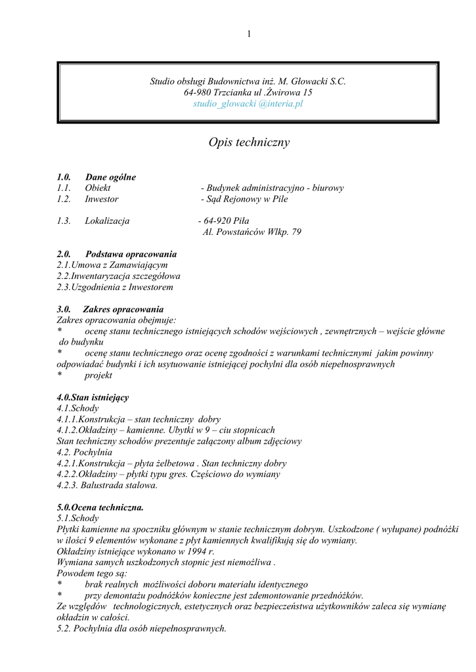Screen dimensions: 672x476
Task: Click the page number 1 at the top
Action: coord(249,34)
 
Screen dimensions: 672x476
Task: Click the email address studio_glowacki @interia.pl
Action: coord(248,104)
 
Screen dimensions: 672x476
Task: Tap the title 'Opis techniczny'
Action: coord(249,142)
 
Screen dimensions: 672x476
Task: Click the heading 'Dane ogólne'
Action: coord(110,177)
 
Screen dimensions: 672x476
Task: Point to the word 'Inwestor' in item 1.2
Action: coord(102,199)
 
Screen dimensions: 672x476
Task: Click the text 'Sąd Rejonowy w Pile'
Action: coord(246,199)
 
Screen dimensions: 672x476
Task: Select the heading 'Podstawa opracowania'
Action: coord(131,253)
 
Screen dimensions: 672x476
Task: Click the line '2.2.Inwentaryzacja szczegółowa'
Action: coord(119,276)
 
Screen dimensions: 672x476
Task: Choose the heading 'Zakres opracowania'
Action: coord(123,309)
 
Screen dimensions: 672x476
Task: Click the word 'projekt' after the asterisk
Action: coord(98,375)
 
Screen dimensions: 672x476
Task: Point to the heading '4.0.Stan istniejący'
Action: coord(93,398)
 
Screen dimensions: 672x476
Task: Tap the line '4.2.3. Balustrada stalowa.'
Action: coord(108,486)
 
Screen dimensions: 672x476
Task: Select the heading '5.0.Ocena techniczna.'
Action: coord(100,507)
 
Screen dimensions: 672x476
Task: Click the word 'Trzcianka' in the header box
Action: coord(232,93)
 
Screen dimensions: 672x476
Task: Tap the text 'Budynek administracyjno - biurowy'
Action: coord(274,188)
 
